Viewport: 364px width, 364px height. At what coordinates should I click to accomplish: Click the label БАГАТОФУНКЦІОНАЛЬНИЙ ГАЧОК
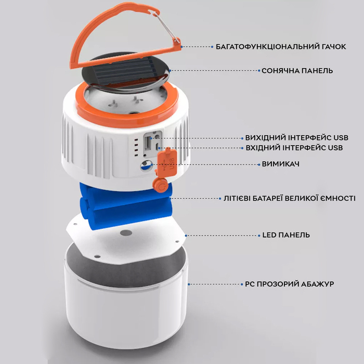coord(281,47)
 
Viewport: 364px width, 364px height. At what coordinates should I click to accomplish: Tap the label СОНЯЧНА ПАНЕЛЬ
coord(297,71)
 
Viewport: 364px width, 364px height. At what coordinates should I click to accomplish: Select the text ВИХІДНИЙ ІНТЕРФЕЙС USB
coord(297,138)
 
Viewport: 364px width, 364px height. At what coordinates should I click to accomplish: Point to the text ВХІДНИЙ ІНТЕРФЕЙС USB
coord(294,148)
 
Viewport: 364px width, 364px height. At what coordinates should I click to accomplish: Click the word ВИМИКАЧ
coord(280,164)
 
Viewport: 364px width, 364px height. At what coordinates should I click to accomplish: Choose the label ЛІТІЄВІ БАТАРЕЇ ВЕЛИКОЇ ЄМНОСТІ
coord(289,198)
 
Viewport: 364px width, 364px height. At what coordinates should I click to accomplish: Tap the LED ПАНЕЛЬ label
coord(286,235)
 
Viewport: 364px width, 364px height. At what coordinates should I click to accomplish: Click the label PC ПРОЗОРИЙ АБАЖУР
coord(290,284)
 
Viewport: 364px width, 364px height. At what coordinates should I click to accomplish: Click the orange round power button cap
coord(160,185)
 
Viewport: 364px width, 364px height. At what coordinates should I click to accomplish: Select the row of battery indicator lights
coord(136,147)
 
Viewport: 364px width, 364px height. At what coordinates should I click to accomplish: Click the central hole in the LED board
coord(126,232)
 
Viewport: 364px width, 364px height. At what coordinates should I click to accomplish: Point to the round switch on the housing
coord(147,166)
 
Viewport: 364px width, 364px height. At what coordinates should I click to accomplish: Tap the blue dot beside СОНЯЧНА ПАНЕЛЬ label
coord(259,71)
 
